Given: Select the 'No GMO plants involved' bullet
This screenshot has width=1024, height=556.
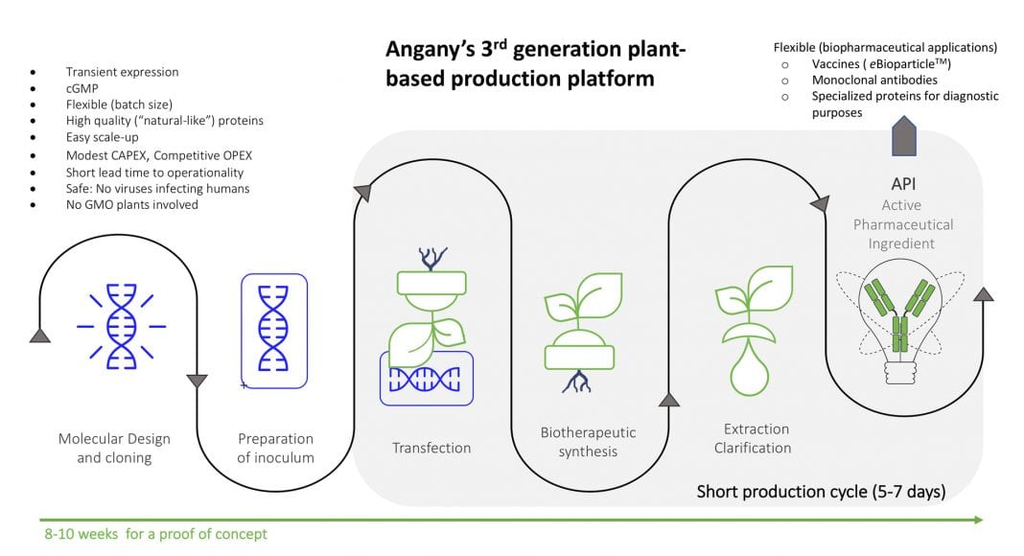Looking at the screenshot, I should pyautogui.click(x=131, y=204).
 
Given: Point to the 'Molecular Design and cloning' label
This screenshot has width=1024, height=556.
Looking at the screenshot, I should pyautogui.click(x=114, y=448).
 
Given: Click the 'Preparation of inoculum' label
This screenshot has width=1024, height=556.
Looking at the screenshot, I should pyautogui.click(x=275, y=448).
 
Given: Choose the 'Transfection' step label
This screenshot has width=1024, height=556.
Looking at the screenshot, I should pyautogui.click(x=431, y=448).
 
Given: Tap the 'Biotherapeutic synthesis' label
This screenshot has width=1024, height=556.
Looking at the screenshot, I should pyautogui.click(x=588, y=442).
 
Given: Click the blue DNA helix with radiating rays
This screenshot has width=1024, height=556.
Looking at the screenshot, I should pyautogui.click(x=121, y=327).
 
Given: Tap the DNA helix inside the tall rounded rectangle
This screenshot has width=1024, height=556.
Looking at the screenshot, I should pyautogui.click(x=273, y=329).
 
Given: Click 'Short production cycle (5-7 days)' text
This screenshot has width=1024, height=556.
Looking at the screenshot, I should pyautogui.click(x=821, y=493).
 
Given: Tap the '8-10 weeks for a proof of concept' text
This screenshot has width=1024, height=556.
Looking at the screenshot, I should pyautogui.click(x=155, y=533).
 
